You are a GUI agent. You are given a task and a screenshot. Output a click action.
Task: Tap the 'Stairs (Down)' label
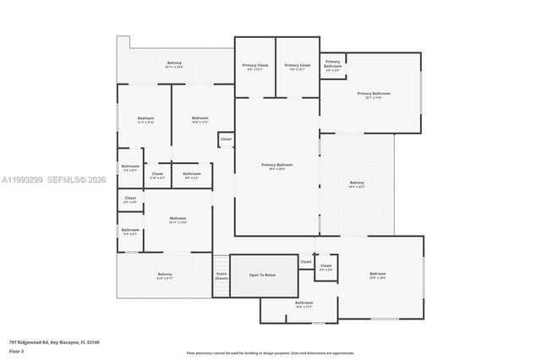221,275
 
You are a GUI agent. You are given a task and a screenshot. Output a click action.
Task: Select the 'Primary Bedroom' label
277,166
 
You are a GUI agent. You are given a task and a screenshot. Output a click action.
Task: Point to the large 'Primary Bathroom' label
370,95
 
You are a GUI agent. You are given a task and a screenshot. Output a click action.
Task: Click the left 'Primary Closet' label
255,66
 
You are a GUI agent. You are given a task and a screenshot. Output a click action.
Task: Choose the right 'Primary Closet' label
298,66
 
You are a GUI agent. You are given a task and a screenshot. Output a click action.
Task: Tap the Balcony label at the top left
174,64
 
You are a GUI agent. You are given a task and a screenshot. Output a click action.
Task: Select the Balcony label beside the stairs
164,275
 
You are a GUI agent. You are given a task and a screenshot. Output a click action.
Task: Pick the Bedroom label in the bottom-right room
377,275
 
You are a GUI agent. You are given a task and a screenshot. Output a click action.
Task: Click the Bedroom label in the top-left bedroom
146,119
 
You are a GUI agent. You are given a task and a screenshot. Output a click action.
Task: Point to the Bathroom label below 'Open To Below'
303,304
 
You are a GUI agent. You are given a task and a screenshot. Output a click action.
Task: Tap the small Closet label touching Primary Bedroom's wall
226,139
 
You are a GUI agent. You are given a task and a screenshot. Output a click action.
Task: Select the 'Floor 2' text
16,351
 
